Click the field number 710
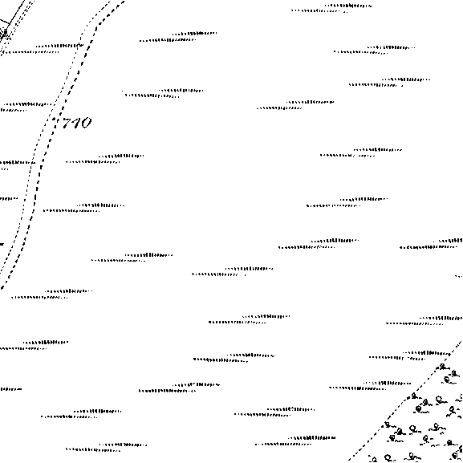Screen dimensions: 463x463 [76, 123]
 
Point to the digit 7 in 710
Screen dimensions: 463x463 [67, 123]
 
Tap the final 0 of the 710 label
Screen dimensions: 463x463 [86, 123]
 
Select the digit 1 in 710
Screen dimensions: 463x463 [76, 123]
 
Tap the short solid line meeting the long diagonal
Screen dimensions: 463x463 [5, 22]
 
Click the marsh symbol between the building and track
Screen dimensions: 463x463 [47, 49]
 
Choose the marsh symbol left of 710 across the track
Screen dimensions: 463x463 [26, 107]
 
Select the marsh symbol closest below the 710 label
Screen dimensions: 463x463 [104, 159]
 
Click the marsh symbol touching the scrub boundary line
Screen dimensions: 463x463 [410, 355]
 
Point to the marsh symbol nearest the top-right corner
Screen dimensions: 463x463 [331, 8]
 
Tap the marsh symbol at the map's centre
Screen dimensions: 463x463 [232, 272]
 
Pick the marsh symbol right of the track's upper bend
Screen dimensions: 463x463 [178, 37]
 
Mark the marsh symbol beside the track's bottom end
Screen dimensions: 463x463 [51, 294]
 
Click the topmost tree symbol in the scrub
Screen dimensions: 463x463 [443, 368]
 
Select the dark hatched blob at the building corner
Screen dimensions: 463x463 [3, 33]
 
